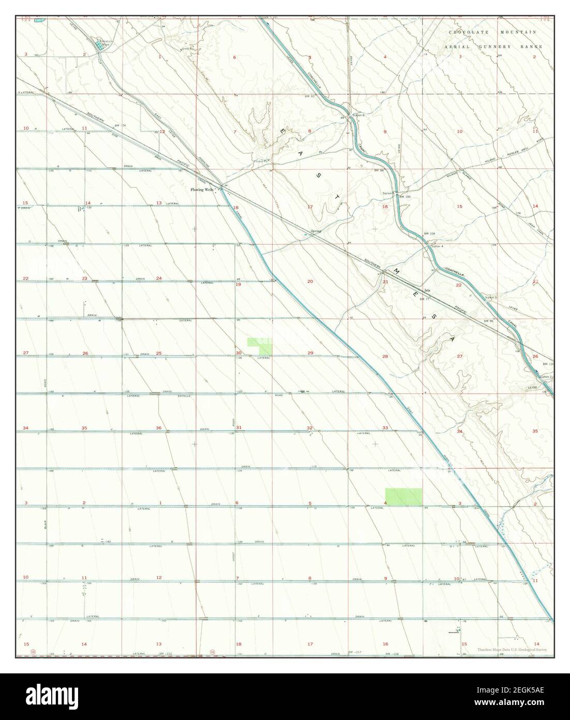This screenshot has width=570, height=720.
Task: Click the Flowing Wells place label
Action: [202, 190]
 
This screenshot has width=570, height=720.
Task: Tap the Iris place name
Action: [427, 291]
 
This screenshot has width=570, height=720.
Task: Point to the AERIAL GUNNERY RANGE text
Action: [493, 47]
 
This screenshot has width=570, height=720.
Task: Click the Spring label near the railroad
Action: [316, 231]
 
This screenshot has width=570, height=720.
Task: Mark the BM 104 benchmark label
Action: [430, 235]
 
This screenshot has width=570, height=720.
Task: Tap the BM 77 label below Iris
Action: [425, 299]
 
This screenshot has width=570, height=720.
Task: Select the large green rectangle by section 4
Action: [403, 497]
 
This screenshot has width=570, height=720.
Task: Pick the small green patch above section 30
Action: [260, 345]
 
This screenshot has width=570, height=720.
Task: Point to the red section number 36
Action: [158, 428]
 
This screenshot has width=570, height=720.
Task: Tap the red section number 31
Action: [238, 428]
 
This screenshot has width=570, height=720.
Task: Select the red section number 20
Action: [310, 282]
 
